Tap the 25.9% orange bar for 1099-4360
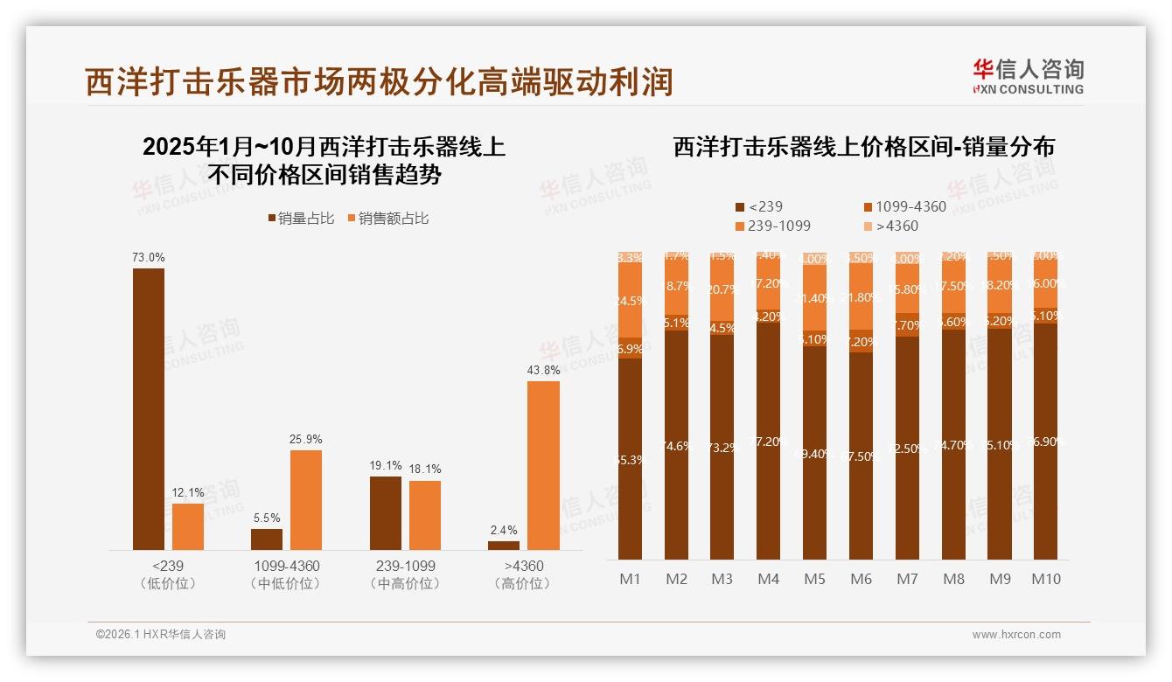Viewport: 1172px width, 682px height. [306, 499]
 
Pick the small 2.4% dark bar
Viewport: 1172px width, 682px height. [504, 545]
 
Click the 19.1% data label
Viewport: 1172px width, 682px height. [386, 466]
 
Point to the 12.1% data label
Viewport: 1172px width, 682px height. [188, 493]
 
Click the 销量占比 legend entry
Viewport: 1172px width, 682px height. [301, 219]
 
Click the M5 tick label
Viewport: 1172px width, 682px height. [814, 579]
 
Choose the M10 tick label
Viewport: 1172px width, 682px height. [1045, 579]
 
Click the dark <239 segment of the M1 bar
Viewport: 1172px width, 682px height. [630, 459]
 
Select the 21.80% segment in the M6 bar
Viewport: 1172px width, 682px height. [861, 298]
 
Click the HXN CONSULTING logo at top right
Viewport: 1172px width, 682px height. [1028, 77]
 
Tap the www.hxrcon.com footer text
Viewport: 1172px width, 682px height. [1016, 635]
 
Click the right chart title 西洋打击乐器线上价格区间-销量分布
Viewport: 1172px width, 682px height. [863, 147]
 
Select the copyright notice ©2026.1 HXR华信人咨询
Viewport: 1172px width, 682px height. [161, 635]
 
